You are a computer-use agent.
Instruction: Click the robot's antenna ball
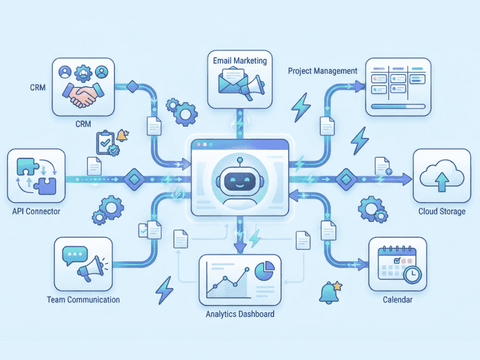tap(240, 160)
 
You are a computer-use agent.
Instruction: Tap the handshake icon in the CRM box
tap(83, 95)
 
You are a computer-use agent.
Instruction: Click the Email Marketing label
tap(240, 61)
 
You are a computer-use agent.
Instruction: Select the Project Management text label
tap(323, 71)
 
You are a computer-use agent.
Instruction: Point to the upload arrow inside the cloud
tap(442, 182)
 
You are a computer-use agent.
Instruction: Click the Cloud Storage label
tap(442, 211)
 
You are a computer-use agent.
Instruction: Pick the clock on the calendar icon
tap(412, 274)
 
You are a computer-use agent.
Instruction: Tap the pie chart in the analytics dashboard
tap(265, 271)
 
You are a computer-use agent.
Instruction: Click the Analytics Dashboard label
tap(240, 314)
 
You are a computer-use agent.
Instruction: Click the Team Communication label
tap(83, 299)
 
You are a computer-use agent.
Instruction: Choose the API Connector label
tap(36, 211)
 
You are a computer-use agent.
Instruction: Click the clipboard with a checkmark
tap(105, 142)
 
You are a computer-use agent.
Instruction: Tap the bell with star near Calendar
tap(330, 292)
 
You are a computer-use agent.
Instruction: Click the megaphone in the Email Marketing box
tap(253, 87)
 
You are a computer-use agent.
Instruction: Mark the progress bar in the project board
tap(398, 107)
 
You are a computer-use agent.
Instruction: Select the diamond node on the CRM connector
tap(133, 86)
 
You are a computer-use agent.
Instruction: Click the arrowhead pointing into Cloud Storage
tap(407, 179)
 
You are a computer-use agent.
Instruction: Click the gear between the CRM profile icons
tap(83, 73)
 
